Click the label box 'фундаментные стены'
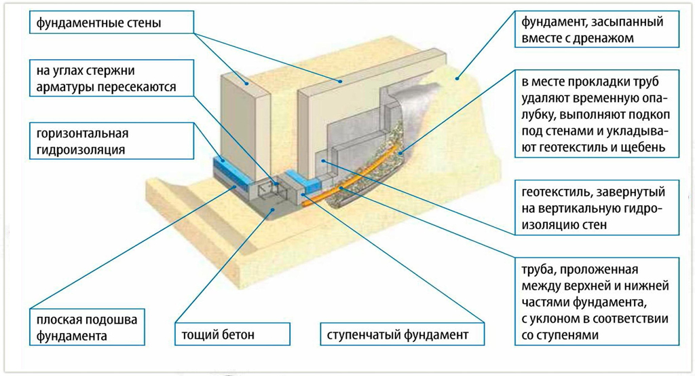(x=112, y=22)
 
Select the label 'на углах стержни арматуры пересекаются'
(x=112, y=78)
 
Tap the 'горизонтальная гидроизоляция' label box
(x=112, y=141)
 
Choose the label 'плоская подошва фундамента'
(x=88, y=327)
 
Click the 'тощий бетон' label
(x=233, y=335)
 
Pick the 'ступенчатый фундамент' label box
(x=402, y=335)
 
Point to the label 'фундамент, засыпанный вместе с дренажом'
(x=597, y=29)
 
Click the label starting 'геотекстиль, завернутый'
(x=597, y=208)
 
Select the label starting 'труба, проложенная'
(x=597, y=301)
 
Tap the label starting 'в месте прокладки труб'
(x=597, y=114)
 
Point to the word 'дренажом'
(x=610, y=38)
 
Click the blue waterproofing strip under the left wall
(x=233, y=173)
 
